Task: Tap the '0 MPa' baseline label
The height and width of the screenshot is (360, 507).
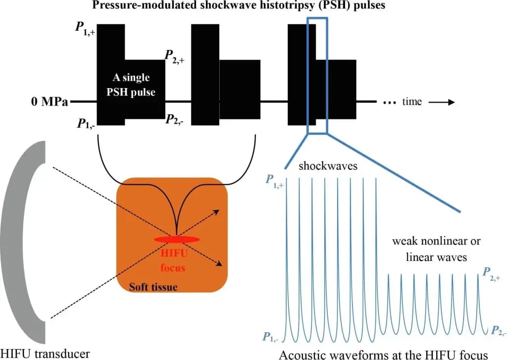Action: pyautogui.click(x=50, y=102)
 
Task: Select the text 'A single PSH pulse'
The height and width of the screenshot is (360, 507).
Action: pyautogui.click(x=131, y=85)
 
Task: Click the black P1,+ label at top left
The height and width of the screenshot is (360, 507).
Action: pyautogui.click(x=85, y=28)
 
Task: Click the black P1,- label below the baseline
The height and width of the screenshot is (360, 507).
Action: pyautogui.click(x=86, y=124)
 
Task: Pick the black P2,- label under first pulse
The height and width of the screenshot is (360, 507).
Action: pyautogui.click(x=175, y=120)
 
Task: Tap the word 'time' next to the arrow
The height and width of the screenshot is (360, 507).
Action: pyautogui.click(x=412, y=102)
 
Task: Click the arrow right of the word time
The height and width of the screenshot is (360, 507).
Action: pyautogui.click(x=442, y=102)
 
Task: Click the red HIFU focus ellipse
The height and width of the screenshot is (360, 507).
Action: pyautogui.click(x=177, y=239)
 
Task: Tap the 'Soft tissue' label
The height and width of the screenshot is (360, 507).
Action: pyautogui.click(x=153, y=287)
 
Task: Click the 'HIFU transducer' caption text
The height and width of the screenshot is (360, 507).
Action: pyautogui.click(x=45, y=354)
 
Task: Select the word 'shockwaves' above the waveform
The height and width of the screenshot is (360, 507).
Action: pyautogui.click(x=328, y=166)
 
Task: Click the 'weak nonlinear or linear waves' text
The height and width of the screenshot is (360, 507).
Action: pyautogui.click(x=436, y=249)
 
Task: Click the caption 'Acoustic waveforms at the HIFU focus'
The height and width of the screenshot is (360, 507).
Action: pyautogui.click(x=383, y=355)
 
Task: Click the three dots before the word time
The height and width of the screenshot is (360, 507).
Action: pyautogui.click(x=390, y=103)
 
